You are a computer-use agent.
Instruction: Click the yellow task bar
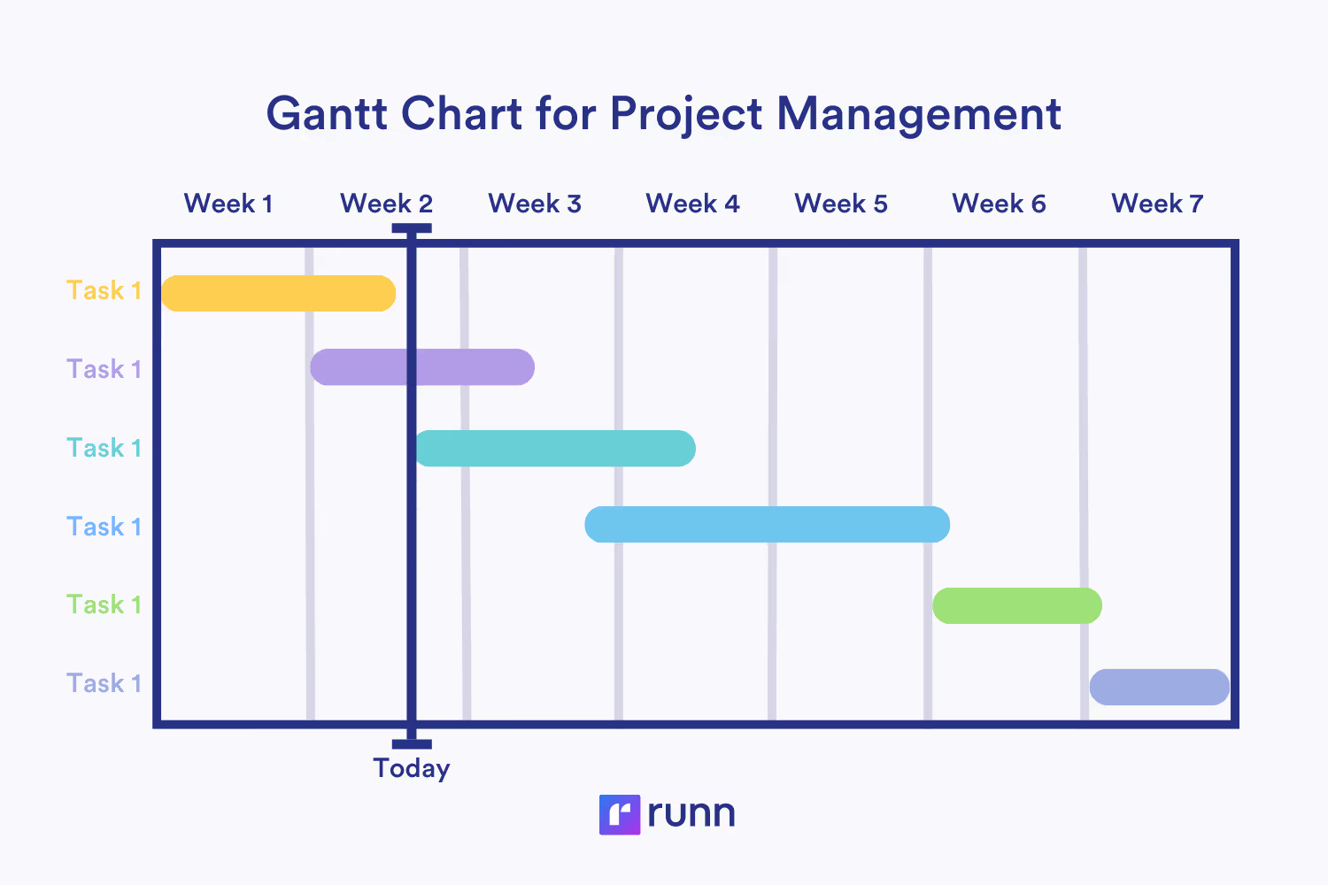tap(278, 294)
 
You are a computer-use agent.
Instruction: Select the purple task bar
tap(422, 367)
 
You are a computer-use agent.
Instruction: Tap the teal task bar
tap(555, 449)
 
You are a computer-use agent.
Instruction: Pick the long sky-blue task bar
tap(767, 525)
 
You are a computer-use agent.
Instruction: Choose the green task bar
tap(1016, 605)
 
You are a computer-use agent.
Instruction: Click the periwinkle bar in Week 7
tap(1159, 687)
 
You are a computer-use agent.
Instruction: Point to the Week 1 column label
tap(228, 204)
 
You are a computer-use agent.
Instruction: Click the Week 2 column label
tap(386, 204)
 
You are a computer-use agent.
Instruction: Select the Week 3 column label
tap(535, 204)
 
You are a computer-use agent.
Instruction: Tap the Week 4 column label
tap(692, 204)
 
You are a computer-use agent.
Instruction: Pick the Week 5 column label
tap(841, 204)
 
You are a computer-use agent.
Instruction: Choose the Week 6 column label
tap(999, 204)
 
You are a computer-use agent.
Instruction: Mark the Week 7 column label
tap(1157, 204)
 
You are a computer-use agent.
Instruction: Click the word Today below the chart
tap(412, 768)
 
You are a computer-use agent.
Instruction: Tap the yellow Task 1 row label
tap(104, 290)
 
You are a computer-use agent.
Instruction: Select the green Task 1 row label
tap(104, 604)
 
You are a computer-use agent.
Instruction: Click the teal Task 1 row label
tap(104, 448)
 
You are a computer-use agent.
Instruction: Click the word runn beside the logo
tap(691, 813)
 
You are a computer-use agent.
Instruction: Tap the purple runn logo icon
tap(619, 814)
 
